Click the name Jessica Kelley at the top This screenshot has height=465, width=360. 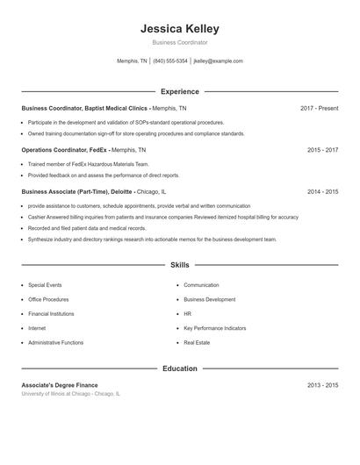(179, 29)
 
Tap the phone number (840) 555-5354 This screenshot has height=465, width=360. (170, 61)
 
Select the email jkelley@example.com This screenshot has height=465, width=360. (218, 61)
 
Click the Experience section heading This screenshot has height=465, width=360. (179, 91)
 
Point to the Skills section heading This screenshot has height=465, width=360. (179, 264)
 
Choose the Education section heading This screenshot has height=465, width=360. (179, 368)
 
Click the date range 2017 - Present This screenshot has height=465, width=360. (319, 108)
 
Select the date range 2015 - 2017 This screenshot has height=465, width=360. (322, 150)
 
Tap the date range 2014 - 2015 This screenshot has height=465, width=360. (322, 191)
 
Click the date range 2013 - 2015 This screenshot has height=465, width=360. (322, 385)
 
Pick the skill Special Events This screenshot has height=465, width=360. (45, 285)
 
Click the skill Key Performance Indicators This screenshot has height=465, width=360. (214, 328)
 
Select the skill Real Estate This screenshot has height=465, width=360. (197, 342)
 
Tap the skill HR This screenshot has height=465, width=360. (187, 313)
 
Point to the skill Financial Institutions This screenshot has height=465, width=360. (51, 313)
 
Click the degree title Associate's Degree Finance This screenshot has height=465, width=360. (60, 385)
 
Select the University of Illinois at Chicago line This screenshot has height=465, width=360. (71, 394)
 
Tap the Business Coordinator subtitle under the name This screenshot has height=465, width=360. (179, 42)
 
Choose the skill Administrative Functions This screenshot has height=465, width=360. (55, 342)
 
